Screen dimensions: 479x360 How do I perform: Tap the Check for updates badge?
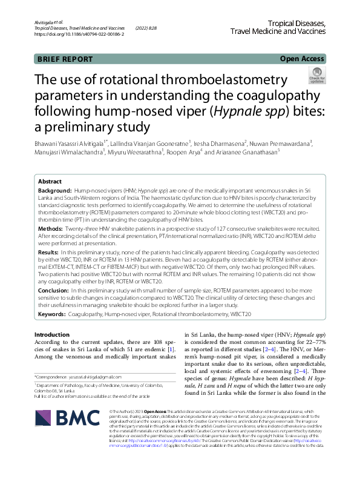317,76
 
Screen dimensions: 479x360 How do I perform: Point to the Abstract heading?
50,181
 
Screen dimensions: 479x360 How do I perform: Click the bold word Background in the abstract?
56,190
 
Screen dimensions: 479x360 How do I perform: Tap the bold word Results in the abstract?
48,251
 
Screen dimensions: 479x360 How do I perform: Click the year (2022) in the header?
146,28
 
